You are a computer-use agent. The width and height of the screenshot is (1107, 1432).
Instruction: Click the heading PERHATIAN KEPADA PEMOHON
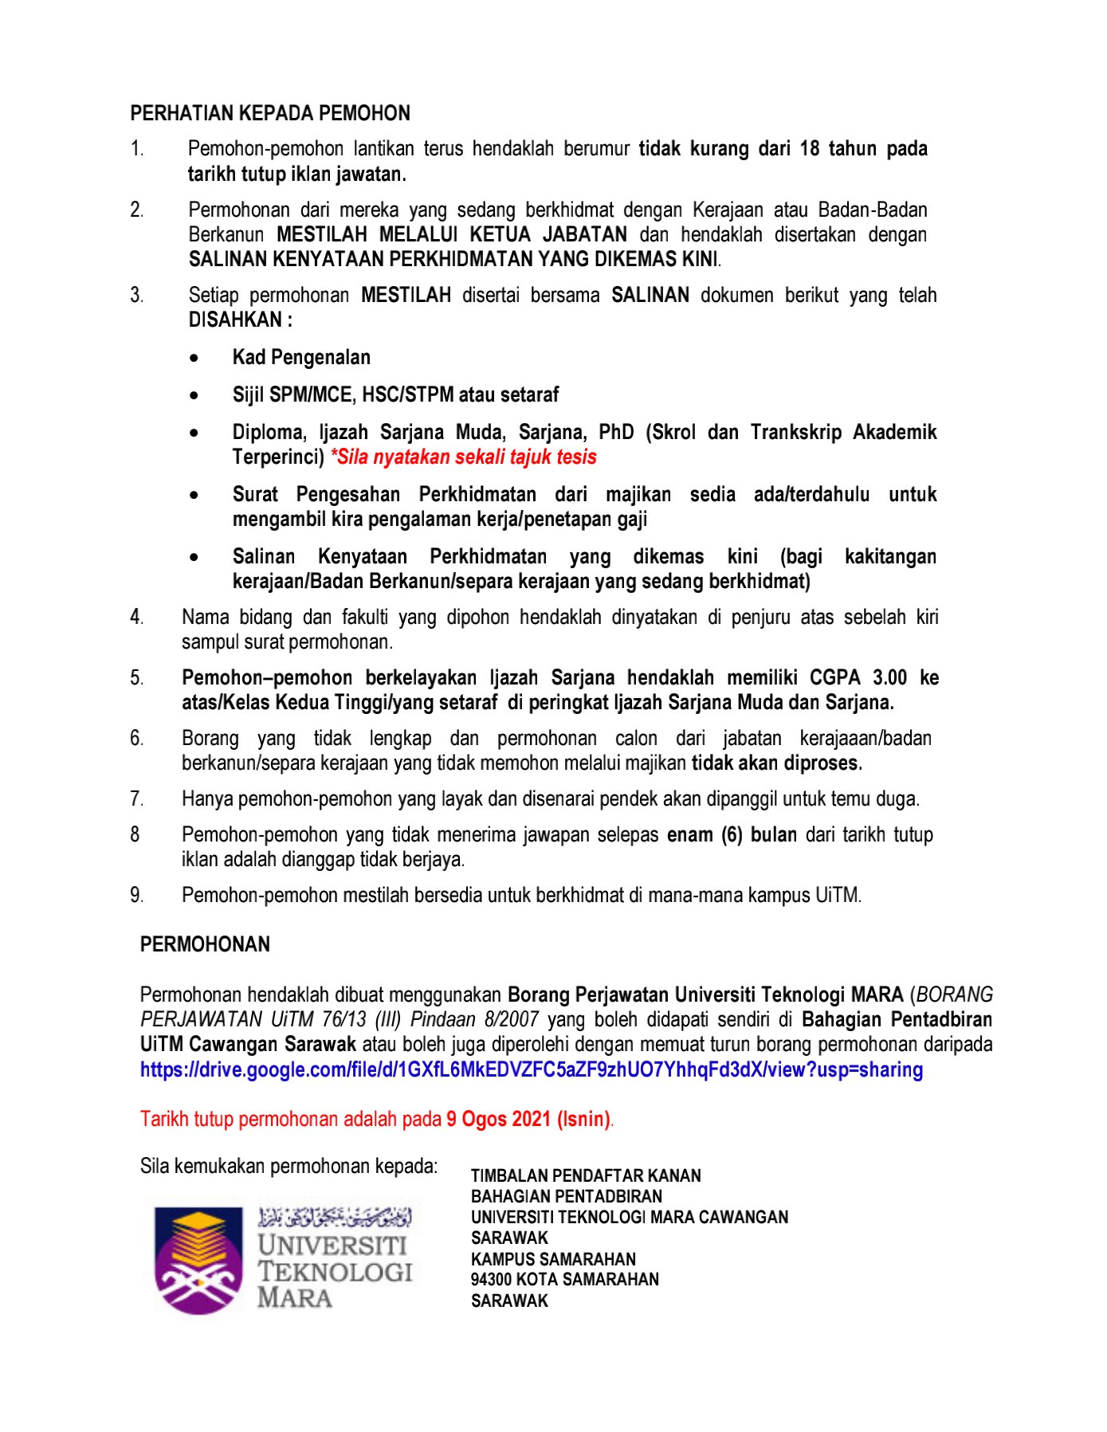(270, 113)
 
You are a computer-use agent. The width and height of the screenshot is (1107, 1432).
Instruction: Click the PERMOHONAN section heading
(205, 944)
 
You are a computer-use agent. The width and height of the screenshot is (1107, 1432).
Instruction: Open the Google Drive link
(532, 1069)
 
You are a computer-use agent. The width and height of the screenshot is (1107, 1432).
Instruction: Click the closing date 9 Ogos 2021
(499, 1119)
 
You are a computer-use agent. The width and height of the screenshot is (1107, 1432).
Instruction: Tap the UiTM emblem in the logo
(198, 1260)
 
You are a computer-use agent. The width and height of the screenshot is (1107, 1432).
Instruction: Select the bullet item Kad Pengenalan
(301, 357)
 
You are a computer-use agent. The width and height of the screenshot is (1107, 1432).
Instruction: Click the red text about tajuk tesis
(464, 457)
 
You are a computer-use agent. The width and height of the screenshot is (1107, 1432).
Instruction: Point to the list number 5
(137, 678)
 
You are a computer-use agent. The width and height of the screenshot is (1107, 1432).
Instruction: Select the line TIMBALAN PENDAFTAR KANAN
(586, 1175)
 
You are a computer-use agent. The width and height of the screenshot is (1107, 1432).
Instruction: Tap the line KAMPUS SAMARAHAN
(553, 1259)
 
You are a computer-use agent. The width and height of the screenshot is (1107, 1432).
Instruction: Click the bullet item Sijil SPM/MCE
(395, 394)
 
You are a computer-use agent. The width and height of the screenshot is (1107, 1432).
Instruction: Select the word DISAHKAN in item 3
(236, 320)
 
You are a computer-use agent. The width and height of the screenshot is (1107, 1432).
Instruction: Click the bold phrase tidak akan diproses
(776, 763)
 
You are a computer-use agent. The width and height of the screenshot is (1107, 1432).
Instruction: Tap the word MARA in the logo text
(294, 1298)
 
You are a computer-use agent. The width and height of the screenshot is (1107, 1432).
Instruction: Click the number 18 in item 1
(810, 148)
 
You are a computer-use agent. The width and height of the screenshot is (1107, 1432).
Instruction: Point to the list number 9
(137, 895)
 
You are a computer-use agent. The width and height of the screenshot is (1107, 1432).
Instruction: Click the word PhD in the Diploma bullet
(616, 432)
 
